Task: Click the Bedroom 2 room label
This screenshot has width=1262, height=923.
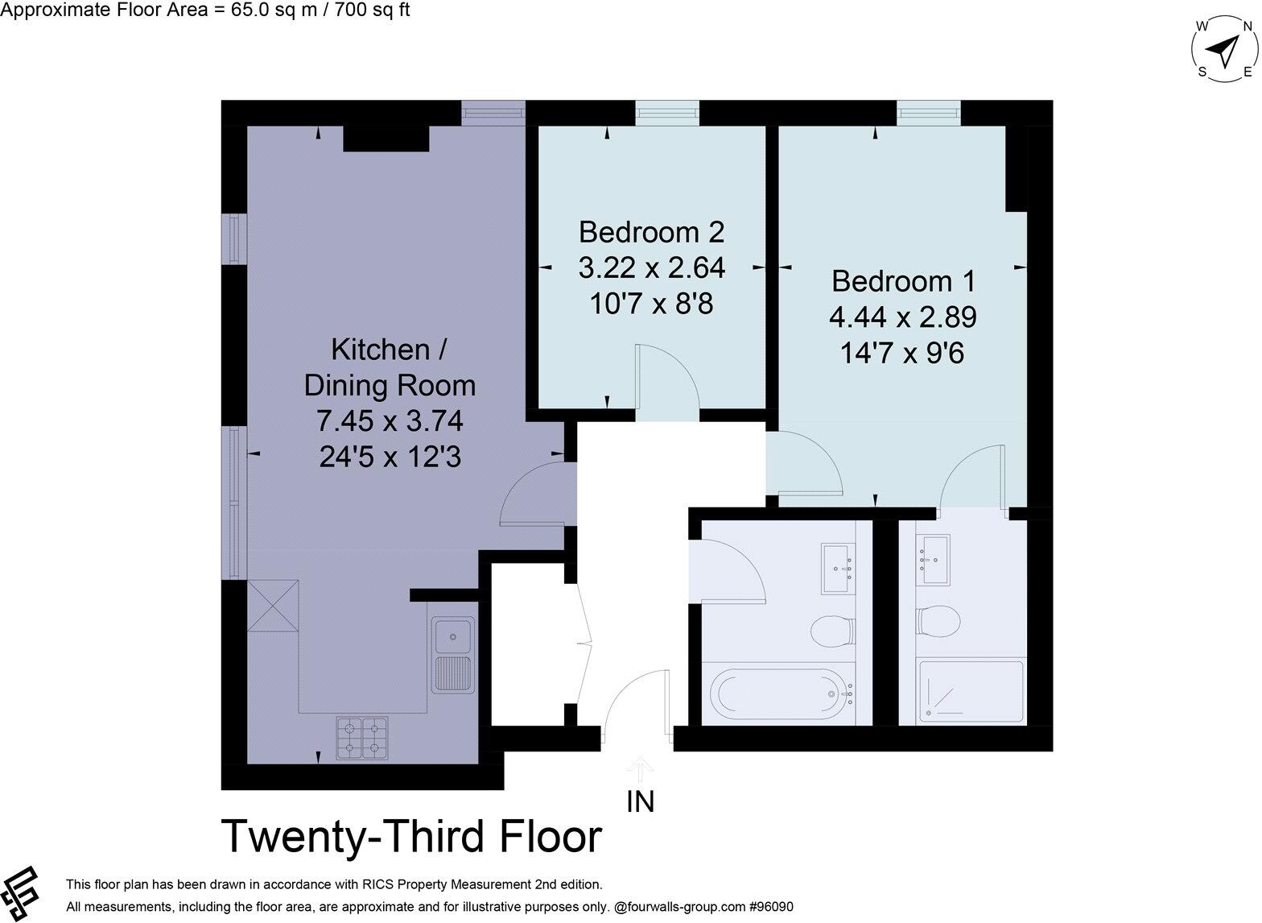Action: [x=651, y=232]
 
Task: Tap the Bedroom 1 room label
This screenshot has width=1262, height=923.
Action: [x=903, y=281]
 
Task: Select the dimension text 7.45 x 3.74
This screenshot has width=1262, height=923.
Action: [x=390, y=421]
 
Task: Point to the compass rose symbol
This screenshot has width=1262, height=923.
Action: [x=1224, y=51]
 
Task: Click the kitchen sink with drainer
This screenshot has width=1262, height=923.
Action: [x=454, y=655]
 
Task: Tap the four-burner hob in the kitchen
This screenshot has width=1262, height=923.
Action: [x=361, y=738]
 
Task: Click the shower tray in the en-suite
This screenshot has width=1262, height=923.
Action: [x=971, y=690]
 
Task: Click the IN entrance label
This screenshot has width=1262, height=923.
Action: [x=641, y=801]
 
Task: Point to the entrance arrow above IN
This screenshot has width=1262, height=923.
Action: [x=641, y=768]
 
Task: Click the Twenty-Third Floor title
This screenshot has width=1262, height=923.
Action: [x=410, y=837]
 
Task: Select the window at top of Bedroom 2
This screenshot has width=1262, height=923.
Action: [x=666, y=113]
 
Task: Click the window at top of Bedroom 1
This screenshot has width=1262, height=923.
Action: [x=929, y=113]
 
